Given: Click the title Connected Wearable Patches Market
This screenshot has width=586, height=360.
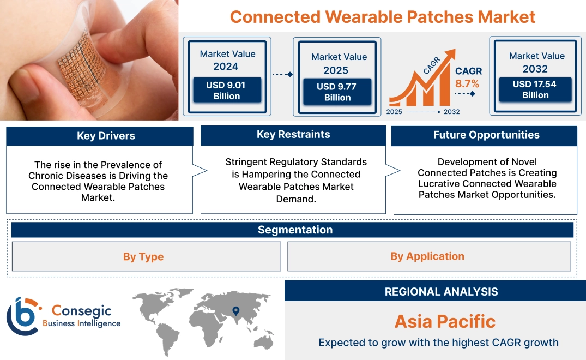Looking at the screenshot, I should tap(383, 16).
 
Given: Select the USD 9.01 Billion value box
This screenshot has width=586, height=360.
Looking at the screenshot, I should tap(226, 91).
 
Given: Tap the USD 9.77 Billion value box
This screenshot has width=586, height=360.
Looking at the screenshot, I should tap(337, 92).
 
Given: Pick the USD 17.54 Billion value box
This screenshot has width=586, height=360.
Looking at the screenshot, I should tap(535, 89).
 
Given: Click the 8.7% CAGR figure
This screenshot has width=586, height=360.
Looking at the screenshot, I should tap(467, 83).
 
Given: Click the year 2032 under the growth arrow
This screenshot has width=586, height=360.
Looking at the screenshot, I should tap(451, 112).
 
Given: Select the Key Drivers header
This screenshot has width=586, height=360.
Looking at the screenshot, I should tap(106, 136).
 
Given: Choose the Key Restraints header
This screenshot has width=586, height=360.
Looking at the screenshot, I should tap(293, 134).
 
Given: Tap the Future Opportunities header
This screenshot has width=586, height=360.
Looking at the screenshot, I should tap(486, 135).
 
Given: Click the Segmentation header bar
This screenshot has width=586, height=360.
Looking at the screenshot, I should tap(294, 230).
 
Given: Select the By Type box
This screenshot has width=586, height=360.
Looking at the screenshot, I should tap(143, 257).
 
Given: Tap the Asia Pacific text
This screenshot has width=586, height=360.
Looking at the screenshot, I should tap(445, 321).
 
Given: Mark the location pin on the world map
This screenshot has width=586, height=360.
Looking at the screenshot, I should tap(235, 311).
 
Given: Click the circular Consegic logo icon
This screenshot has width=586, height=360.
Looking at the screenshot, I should tap(22, 316).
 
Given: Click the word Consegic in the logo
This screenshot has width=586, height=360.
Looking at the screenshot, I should tap(82, 311).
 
